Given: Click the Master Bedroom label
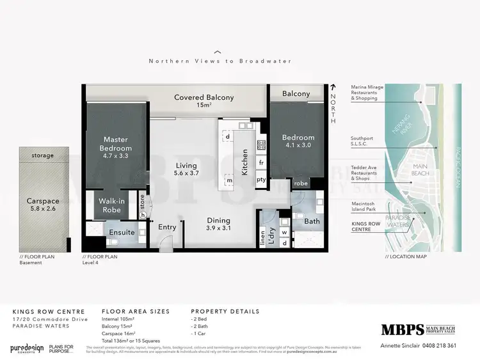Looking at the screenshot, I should (x=117, y=145).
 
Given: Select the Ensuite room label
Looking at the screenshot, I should (x=121, y=232).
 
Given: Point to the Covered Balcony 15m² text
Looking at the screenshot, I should (x=204, y=101).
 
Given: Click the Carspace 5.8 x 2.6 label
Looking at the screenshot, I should (x=43, y=204).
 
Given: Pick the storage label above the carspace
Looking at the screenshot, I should (x=43, y=155).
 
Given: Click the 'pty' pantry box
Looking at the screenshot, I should (x=261, y=180).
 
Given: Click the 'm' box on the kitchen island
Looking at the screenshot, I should (x=228, y=181).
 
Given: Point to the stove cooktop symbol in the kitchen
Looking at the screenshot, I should (x=261, y=145).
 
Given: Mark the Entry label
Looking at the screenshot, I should (x=166, y=226).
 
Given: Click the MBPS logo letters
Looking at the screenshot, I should (x=402, y=329).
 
